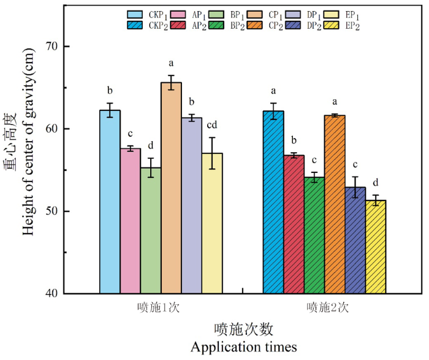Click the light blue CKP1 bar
pyautogui.click(x=110, y=202)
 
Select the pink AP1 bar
pyautogui.click(x=131, y=221)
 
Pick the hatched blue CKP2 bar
pyautogui.click(x=273, y=202)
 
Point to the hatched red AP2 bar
pyautogui.click(x=294, y=224)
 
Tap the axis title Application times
pyautogui.click(x=243, y=347)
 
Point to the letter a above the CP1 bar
pyautogui.click(x=172, y=63)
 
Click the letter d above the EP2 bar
pyautogui.click(x=375, y=183)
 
